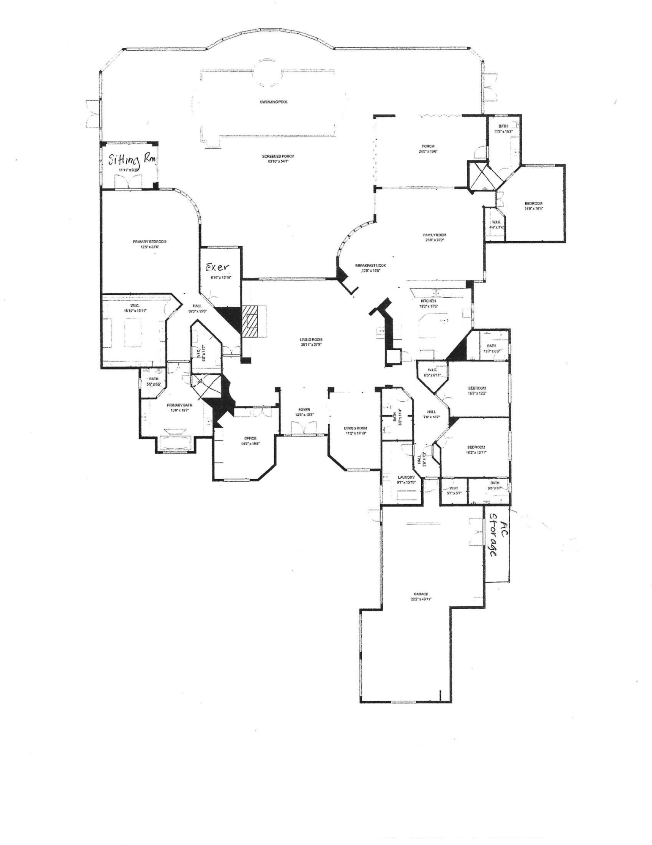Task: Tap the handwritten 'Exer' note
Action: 217,267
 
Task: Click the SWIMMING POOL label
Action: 274,102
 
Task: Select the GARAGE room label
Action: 421,594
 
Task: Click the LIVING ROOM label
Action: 311,339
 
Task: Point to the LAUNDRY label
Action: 406,477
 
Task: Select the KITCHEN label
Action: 428,301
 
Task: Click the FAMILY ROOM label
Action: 435,235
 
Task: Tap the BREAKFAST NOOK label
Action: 371,265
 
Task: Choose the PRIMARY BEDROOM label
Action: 150,242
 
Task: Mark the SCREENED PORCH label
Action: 278,156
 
